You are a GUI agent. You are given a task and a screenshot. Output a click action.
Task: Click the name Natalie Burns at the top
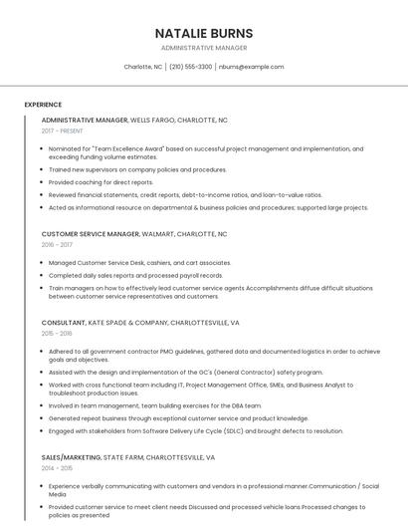[203, 33]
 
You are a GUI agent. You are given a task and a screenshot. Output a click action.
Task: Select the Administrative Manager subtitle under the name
[203, 48]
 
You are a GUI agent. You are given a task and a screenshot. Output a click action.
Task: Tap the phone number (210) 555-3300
[190, 67]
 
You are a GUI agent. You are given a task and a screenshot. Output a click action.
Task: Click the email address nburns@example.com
[251, 67]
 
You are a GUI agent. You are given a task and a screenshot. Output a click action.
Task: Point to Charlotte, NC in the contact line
[143, 67]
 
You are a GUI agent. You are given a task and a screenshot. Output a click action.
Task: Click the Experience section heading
[43, 104]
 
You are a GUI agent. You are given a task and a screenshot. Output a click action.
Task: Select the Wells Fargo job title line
[134, 120]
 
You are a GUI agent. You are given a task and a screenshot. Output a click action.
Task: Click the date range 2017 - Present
[63, 131]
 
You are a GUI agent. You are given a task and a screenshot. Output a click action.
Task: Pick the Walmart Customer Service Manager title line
[134, 233]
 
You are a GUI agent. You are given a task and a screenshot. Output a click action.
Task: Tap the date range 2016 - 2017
[57, 244]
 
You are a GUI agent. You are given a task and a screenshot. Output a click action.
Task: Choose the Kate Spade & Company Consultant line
[140, 323]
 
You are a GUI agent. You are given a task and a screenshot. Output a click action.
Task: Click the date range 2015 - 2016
[57, 334]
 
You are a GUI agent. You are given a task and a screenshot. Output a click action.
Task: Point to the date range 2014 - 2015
[57, 467]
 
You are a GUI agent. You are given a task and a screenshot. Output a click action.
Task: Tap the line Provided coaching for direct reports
[101, 182]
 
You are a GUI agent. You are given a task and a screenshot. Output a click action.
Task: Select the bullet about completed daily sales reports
[136, 275]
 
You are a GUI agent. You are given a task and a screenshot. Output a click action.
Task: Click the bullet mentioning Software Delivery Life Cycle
[196, 431]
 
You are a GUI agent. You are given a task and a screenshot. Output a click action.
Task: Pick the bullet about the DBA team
[155, 405]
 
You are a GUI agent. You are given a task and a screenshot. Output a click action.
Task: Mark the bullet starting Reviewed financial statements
[185, 195]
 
